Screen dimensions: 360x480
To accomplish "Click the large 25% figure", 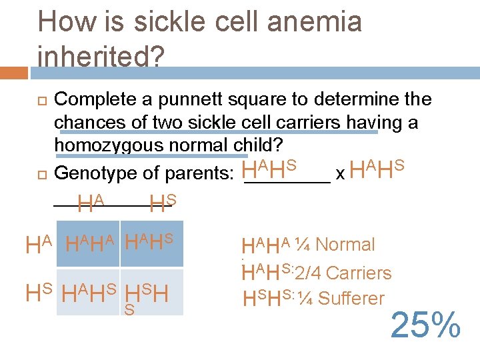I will click(x=425, y=326).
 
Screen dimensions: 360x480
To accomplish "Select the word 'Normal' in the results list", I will click(x=345, y=245).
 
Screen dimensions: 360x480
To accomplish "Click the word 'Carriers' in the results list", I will click(x=359, y=273).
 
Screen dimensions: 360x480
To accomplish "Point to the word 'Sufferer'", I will click(x=351, y=299).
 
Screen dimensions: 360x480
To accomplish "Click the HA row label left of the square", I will click(x=39, y=245).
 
